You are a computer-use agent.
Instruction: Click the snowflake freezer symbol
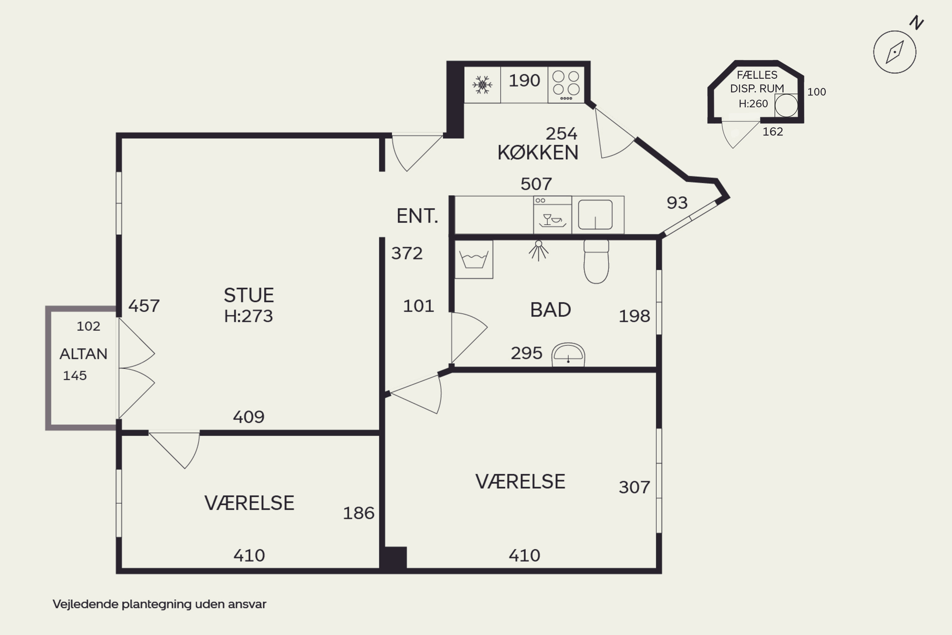click(x=482, y=85)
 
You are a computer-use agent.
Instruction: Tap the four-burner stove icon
click(x=566, y=85)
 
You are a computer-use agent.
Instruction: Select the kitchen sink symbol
click(x=595, y=215)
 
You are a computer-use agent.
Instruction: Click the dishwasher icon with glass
click(x=552, y=215)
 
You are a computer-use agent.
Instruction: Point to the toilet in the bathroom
click(x=596, y=261)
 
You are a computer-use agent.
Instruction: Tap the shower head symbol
click(x=538, y=250)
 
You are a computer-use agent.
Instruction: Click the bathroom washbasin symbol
click(x=568, y=355)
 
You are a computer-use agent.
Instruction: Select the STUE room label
click(x=248, y=295)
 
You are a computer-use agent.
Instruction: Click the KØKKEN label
click(x=538, y=153)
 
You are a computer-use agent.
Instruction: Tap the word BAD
click(x=551, y=310)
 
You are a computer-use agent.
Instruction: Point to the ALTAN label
click(x=83, y=354)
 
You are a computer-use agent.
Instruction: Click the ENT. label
click(x=417, y=216)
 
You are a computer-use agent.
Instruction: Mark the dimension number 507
click(x=536, y=184)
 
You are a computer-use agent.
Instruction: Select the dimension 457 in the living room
click(x=144, y=306)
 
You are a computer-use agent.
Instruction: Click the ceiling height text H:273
click(x=248, y=316)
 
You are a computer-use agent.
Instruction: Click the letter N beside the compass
click(x=916, y=23)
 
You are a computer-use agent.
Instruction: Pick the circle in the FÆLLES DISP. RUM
click(x=786, y=106)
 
